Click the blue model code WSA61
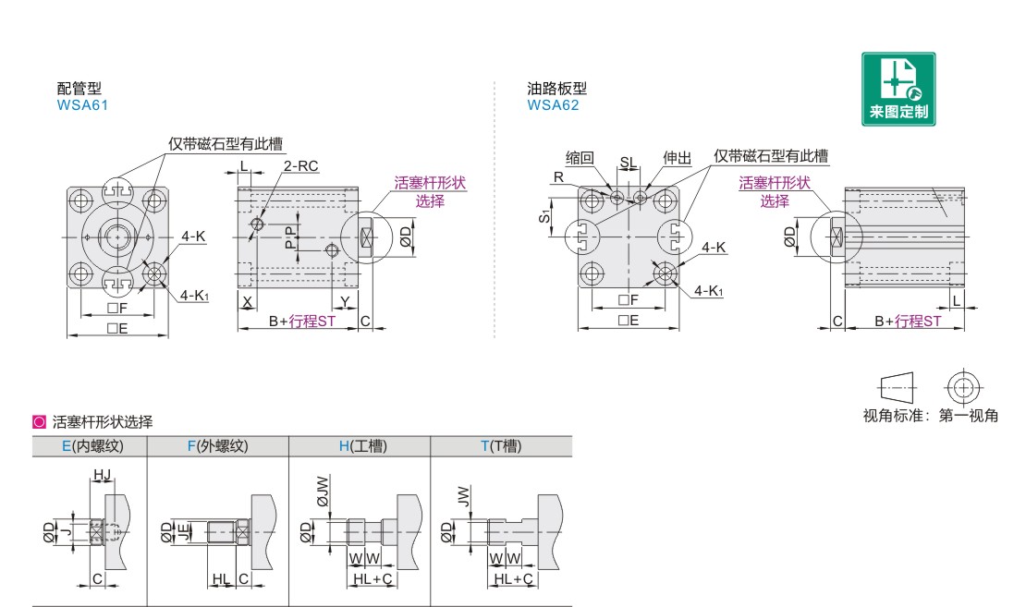pos(82,105)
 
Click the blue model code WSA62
pos(553,105)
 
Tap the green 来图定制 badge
pos(898,89)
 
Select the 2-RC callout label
pos(301,166)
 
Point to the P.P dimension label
pos(290,237)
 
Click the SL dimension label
pos(628,163)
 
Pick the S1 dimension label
pos(544,216)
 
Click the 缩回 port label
pos(580,158)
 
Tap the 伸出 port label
pos(678,158)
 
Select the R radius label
pos(558,177)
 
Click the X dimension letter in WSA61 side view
pos(248,302)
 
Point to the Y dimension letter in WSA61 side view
pos(345,302)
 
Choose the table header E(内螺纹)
pos(92,446)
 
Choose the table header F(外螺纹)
pos(217,446)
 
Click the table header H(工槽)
pos(363,446)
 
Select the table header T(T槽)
pos(501,446)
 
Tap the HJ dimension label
pos(102,475)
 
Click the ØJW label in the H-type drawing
pos(323,492)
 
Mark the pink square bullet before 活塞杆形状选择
pos(39,422)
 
